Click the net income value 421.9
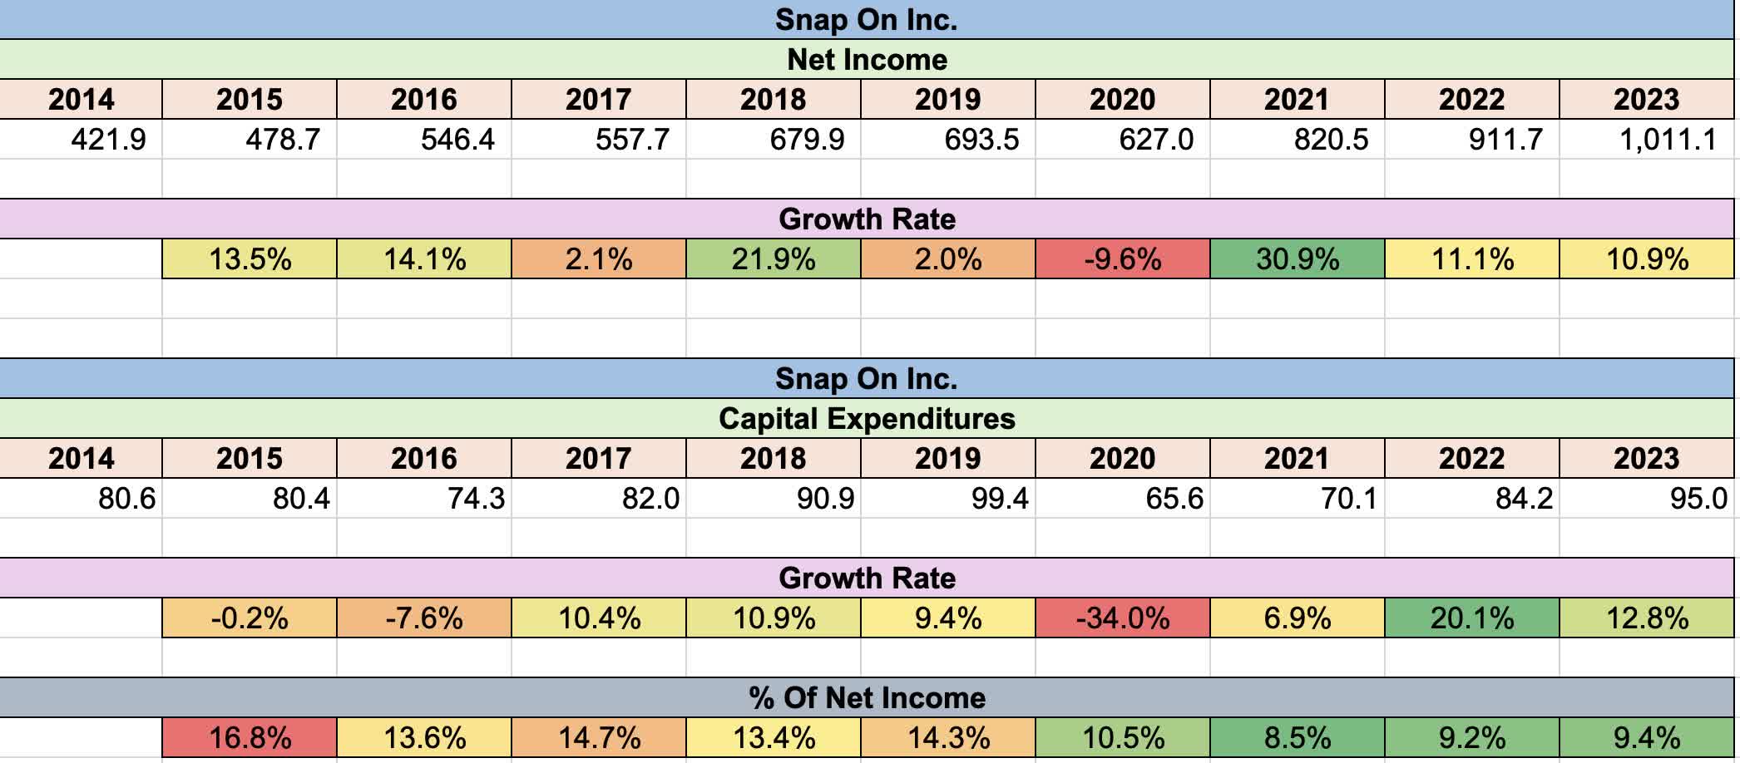pos(108,139)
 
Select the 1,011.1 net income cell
pos(1667,139)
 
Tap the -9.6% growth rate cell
pos(1122,259)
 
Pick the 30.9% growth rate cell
pos(1297,259)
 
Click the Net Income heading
pos(867,60)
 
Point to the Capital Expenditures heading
pos(867,419)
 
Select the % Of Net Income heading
pos(867,697)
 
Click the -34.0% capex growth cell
pos(1122,618)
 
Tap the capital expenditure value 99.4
pos(1000,499)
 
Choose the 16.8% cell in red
pos(250,738)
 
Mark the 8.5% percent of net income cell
pos(1297,738)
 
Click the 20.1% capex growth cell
pos(1471,618)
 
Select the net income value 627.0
pos(1155,139)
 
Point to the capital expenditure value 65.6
pos(1174,499)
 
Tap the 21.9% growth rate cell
pos(773,259)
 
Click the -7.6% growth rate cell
pos(423,618)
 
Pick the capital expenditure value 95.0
pos(1698,499)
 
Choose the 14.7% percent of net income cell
pos(598,738)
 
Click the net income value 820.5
pos(1330,139)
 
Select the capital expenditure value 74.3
pos(476,499)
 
